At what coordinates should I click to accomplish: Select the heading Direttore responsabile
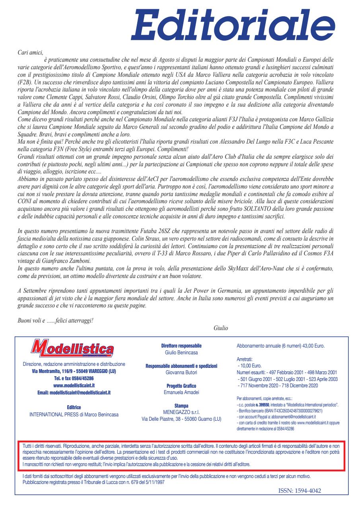tap(181, 346)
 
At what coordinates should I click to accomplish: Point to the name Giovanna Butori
tap(181, 372)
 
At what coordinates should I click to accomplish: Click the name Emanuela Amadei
tap(181, 392)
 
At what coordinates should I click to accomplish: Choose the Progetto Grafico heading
tap(181, 386)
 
